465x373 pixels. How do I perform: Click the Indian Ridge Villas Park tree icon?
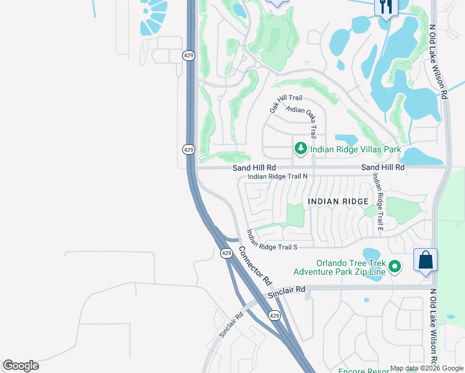[x=300, y=149]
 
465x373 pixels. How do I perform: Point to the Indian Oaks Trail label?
[x=303, y=119]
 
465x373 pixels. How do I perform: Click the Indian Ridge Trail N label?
[x=277, y=177]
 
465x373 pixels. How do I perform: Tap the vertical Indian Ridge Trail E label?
[x=377, y=201]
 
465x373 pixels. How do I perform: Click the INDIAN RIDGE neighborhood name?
[x=338, y=201]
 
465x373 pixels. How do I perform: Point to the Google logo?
[x=21, y=366]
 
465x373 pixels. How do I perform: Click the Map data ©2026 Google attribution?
[x=426, y=368]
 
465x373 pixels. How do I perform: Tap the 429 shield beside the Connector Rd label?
[x=226, y=253]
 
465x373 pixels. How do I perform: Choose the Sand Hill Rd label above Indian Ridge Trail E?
[x=383, y=168]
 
